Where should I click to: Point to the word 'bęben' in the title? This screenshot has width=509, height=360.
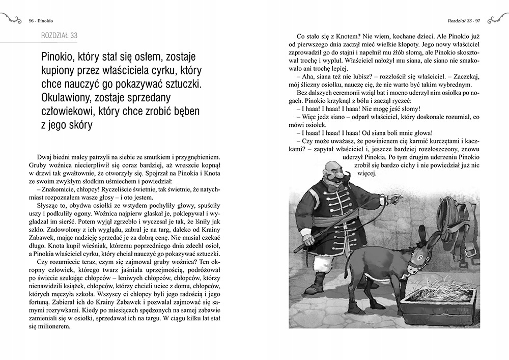coord(185,110)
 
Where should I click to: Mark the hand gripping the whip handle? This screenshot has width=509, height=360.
coord(307,236)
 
